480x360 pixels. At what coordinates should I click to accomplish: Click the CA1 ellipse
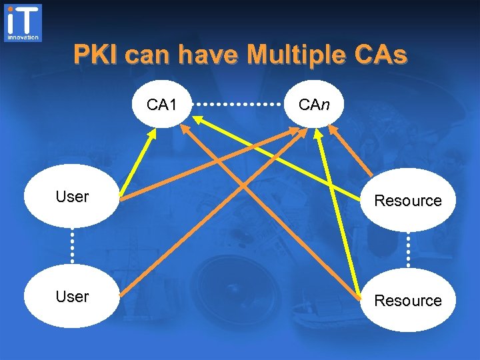click(x=162, y=104)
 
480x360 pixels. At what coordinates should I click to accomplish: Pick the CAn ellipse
click(x=313, y=104)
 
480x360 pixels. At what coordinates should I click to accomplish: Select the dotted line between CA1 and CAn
click(x=238, y=105)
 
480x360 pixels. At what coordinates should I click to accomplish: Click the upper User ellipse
click(x=72, y=197)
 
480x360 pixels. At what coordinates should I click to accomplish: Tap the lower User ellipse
click(x=72, y=297)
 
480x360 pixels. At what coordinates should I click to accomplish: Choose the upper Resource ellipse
click(x=408, y=200)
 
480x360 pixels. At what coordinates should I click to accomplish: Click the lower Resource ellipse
click(x=408, y=300)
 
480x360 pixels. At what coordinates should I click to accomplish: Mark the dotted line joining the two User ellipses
click(x=72, y=247)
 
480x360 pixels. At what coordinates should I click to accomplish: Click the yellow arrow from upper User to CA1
click(x=138, y=163)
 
